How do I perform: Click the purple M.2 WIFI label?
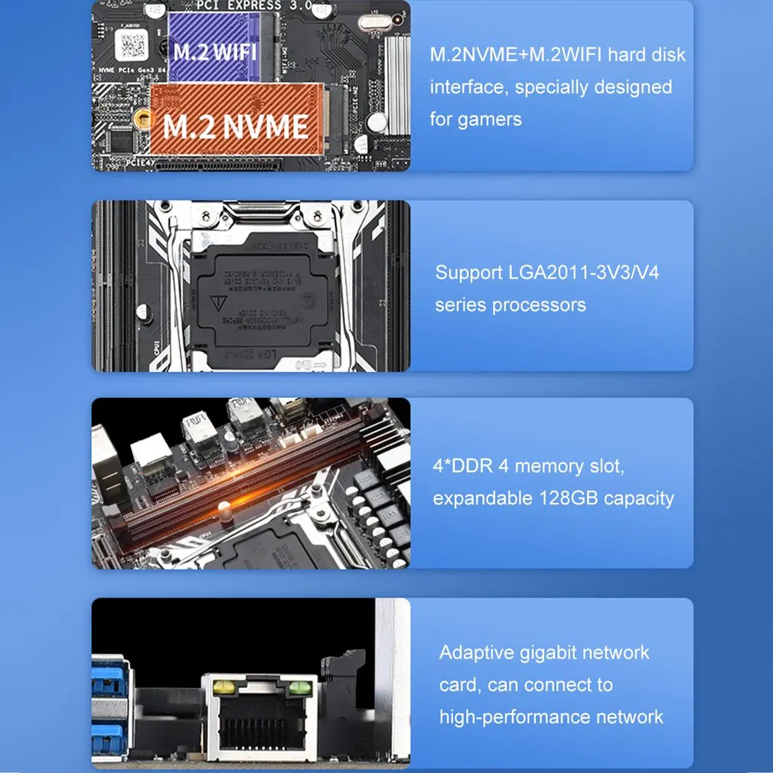[214, 52]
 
